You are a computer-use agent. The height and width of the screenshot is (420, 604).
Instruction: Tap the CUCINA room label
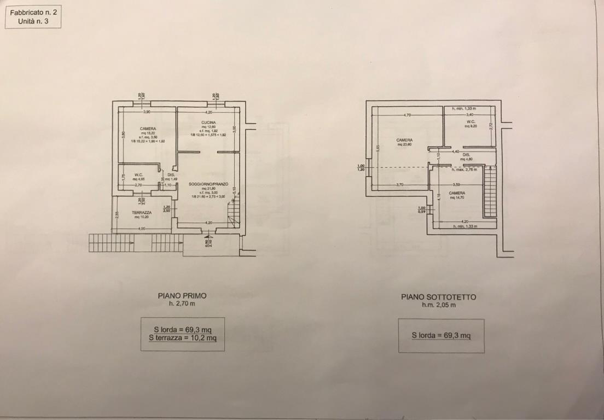207,122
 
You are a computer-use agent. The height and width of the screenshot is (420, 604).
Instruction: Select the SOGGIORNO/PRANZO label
207,184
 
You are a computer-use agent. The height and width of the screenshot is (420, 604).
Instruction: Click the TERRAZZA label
142,212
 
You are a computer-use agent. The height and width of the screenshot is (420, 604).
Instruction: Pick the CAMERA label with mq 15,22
148,129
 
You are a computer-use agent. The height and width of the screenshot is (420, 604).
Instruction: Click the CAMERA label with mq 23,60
404,140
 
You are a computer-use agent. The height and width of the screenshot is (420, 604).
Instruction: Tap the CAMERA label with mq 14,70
457,193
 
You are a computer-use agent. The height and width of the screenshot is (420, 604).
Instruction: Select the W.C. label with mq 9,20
471,121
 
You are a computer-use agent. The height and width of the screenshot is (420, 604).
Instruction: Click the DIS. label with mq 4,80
466,155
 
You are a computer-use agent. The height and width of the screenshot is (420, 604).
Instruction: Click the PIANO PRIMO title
182,295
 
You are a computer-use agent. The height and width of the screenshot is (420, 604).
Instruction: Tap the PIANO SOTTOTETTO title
438,297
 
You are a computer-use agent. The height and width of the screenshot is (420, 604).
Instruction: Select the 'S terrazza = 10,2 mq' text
183,338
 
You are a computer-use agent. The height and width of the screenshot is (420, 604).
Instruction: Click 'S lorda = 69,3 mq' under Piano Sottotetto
441,335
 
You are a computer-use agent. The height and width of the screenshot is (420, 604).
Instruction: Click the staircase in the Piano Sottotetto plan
490,191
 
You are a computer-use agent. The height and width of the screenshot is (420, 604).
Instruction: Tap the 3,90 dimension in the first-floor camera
147,112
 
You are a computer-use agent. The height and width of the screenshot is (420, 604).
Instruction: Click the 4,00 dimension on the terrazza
142,228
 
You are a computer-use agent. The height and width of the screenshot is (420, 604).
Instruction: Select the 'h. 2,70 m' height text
182,303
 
